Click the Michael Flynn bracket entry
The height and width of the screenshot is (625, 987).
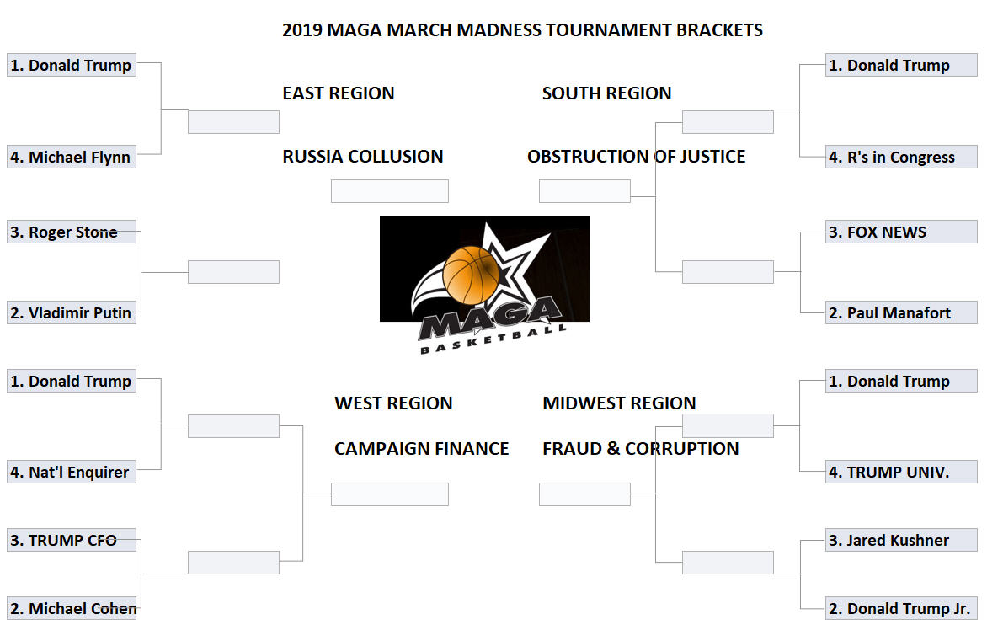coord(71,157)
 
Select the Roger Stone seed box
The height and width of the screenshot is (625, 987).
coord(71,232)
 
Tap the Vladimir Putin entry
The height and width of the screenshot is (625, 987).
coord(71,312)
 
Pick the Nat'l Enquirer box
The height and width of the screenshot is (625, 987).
coord(71,472)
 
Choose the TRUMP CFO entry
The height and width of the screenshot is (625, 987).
coord(71,540)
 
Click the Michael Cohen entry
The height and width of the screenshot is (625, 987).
coord(71,609)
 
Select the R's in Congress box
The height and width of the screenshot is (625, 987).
coord(901,157)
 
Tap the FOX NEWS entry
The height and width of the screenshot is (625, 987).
coord(901,232)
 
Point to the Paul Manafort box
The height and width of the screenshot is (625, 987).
coord(901,312)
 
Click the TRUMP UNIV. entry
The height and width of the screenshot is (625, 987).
coord(901,472)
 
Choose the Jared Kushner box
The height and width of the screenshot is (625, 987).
coord(901,540)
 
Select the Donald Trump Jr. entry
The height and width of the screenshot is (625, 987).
coord(901,609)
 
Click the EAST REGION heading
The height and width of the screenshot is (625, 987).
coord(338,93)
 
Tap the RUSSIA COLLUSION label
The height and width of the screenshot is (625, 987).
coord(363,156)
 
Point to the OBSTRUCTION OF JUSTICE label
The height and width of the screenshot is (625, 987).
coord(637,156)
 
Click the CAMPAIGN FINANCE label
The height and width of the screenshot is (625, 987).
coord(422,449)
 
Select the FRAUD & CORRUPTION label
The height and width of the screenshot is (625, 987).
coord(641,449)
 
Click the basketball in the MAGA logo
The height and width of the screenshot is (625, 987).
coord(471,275)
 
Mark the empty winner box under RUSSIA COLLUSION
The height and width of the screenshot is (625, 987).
coord(390,191)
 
